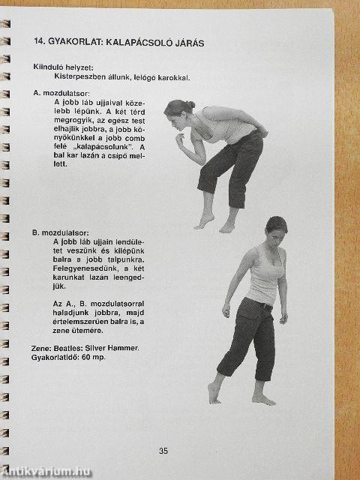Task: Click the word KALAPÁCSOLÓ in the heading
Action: click(x=139, y=42)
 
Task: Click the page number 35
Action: click(x=163, y=451)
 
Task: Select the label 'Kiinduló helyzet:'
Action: click(x=63, y=67)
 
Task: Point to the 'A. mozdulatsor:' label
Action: click(x=61, y=93)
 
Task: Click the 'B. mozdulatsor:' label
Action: click(x=61, y=232)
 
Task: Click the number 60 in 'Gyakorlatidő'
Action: click(x=85, y=357)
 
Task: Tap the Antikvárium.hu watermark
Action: click(x=46, y=472)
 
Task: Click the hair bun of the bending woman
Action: click(x=190, y=105)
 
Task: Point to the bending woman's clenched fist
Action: click(x=180, y=139)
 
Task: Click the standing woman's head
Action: click(x=276, y=229)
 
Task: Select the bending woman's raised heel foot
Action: click(x=204, y=221)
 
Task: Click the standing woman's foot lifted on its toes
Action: click(x=214, y=394)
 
